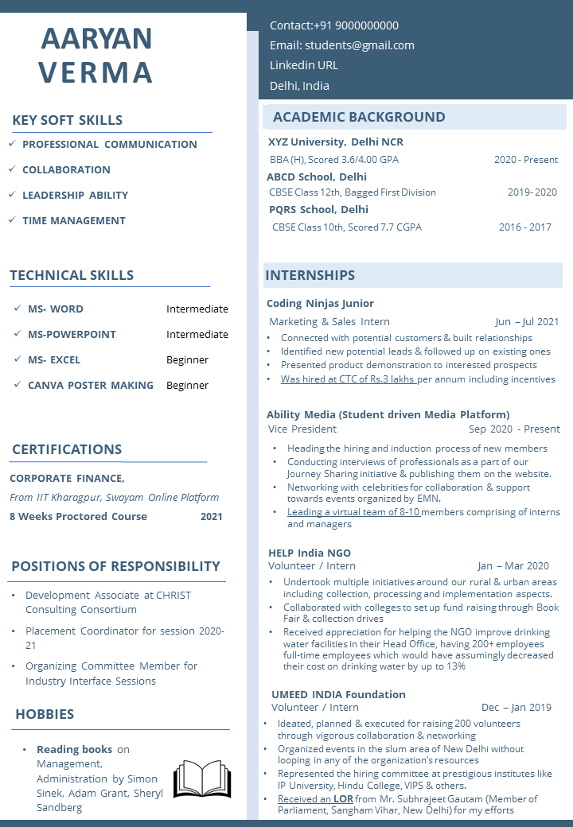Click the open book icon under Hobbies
pyautogui.click(x=202, y=779)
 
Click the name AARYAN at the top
pyautogui.click(x=96, y=38)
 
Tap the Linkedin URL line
pyautogui.click(x=304, y=65)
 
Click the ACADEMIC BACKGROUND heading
pyautogui.click(x=359, y=117)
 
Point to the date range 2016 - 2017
pyautogui.click(x=524, y=227)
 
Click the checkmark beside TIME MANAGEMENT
pyautogui.click(x=12, y=220)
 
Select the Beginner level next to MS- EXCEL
pyautogui.click(x=187, y=360)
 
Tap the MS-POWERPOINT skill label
pyautogui.click(x=72, y=335)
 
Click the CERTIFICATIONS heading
pyautogui.click(x=67, y=450)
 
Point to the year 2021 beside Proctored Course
pyautogui.click(x=212, y=517)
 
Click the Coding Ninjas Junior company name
pyautogui.click(x=320, y=304)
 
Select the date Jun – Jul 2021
pyautogui.click(x=527, y=322)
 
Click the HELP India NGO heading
pyautogui.click(x=309, y=553)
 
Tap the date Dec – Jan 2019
pyautogui.click(x=516, y=708)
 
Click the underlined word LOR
pyautogui.click(x=343, y=799)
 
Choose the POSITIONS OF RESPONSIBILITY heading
pyautogui.click(x=115, y=566)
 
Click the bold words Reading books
pyautogui.click(x=74, y=750)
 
